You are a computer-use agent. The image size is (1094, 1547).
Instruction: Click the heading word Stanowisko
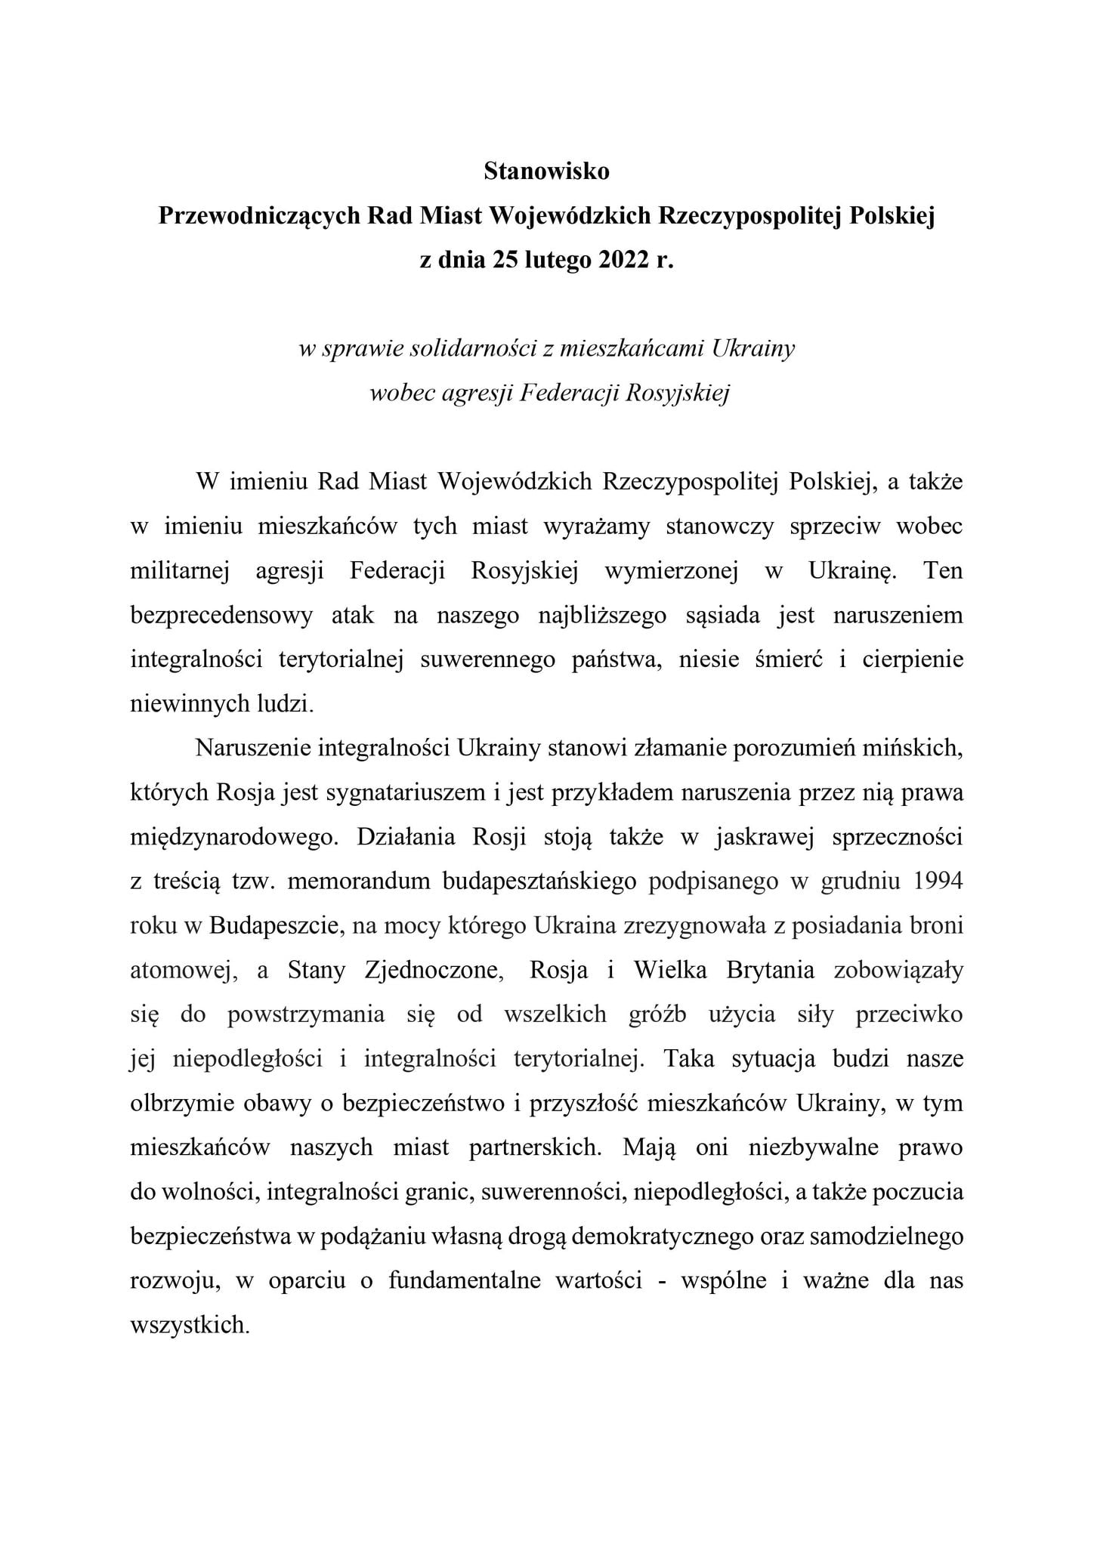click(546, 172)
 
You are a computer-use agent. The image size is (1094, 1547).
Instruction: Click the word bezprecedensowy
click(221, 616)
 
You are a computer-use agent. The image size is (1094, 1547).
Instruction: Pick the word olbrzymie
click(180, 1104)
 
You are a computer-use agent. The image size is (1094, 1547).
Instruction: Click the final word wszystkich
click(190, 1325)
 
